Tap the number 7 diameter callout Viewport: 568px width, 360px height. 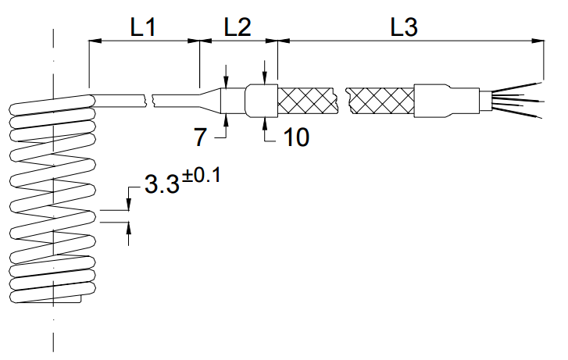tap(201, 138)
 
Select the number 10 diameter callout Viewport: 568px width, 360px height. tap(295, 137)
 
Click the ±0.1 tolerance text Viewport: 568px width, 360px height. tap(202, 176)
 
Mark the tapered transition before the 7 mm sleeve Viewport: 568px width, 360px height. tap(209, 100)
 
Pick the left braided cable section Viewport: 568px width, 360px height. tap(306, 100)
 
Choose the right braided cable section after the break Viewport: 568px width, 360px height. tap(380, 100)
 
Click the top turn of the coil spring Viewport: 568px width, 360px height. tap(51, 104)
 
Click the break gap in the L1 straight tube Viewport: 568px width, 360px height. tap(149, 100)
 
